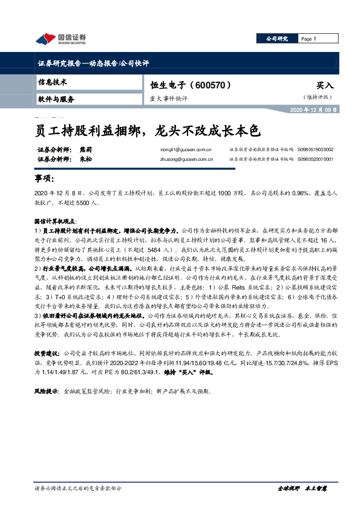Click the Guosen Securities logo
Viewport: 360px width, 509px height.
coord(61,39)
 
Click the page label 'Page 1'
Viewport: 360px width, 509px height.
coord(309,39)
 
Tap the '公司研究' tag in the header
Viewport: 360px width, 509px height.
coord(278,39)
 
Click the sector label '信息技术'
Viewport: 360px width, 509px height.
coord(53,81)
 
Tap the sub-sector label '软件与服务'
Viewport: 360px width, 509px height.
coord(56,98)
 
